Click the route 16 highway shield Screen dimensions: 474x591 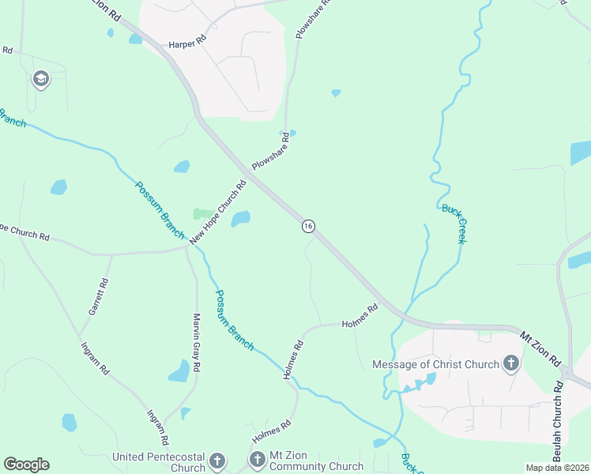(308, 226)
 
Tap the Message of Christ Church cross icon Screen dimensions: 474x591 (511, 364)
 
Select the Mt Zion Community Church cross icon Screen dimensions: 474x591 (258, 459)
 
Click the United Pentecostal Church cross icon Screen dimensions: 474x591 (218, 461)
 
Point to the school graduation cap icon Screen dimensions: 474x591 (40, 79)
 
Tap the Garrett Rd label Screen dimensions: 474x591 (97, 297)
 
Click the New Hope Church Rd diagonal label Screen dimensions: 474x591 (217, 212)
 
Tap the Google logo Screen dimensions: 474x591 (26, 465)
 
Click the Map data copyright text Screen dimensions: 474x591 (557, 468)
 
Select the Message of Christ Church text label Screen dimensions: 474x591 (435, 364)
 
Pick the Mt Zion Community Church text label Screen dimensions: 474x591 (317, 461)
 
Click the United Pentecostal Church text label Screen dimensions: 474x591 (160, 462)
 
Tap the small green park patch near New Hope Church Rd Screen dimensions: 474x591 (202, 214)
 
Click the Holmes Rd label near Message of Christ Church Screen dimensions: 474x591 (359, 318)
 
